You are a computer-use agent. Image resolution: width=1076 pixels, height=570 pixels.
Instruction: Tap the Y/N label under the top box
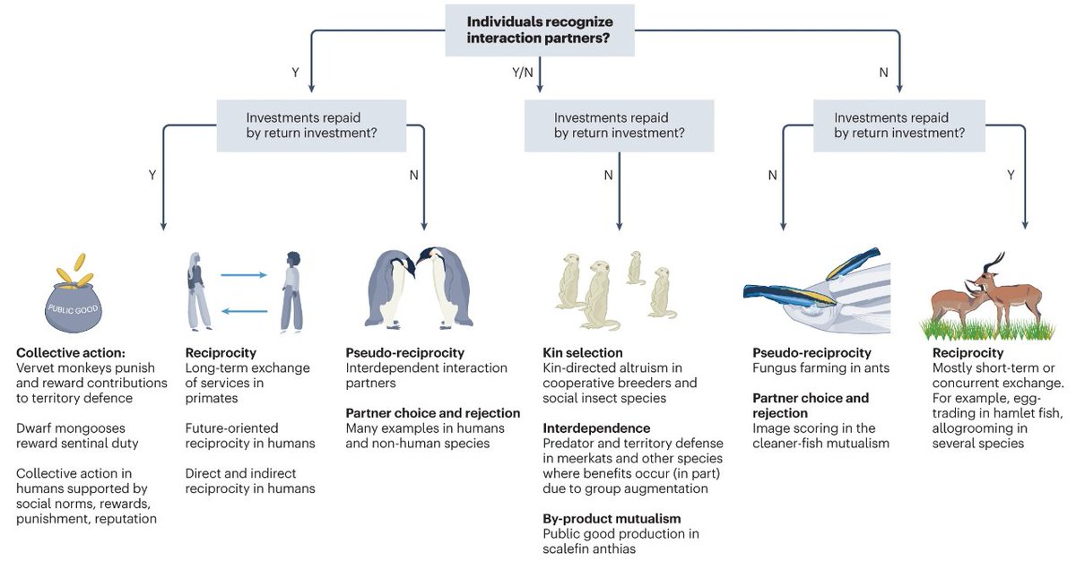pos(522,73)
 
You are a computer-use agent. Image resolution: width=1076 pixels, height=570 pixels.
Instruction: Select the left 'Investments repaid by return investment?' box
pos(311,125)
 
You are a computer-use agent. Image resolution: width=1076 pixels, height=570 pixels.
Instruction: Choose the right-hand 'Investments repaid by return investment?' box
pos(899,125)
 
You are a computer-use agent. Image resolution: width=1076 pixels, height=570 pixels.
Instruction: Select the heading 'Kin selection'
pos(582,353)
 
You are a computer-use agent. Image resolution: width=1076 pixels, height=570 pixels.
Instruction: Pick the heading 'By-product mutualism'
pos(612,519)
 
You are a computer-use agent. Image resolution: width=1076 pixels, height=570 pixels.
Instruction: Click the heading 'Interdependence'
pos(594,428)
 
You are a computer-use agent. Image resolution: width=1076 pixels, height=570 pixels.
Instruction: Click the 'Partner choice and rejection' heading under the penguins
pos(433,413)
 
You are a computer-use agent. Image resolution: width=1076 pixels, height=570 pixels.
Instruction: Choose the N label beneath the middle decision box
pos(608,176)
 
